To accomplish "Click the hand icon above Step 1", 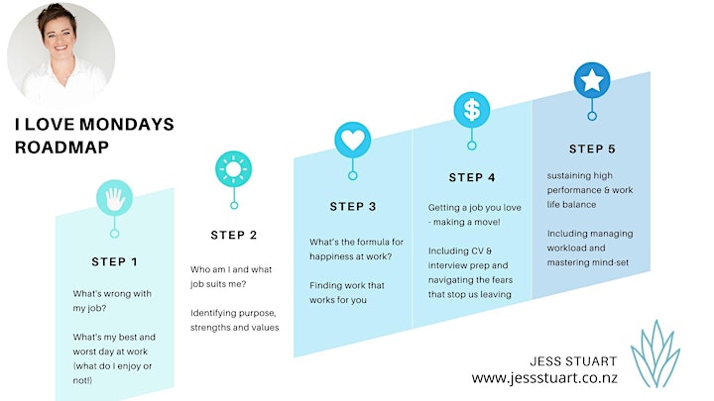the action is coord(114,198).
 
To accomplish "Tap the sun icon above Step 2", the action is coord(234,169).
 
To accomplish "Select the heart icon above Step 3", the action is coord(352,140).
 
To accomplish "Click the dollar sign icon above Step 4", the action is coord(472,110).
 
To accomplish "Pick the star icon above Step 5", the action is coord(592,80).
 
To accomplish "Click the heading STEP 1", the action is coord(114,261).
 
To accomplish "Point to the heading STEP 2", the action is coord(234,235).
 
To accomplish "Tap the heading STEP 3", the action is coord(353,206).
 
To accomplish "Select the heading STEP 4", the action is coord(472,177).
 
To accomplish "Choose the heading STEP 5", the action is coord(592,149).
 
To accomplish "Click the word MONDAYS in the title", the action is coord(127,124).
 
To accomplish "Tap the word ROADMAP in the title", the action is coord(61,148).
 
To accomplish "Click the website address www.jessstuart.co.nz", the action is coord(544,378).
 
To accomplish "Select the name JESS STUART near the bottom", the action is coord(573,361).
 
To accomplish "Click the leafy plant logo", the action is coord(655,353).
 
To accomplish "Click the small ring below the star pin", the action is coord(592,116).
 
